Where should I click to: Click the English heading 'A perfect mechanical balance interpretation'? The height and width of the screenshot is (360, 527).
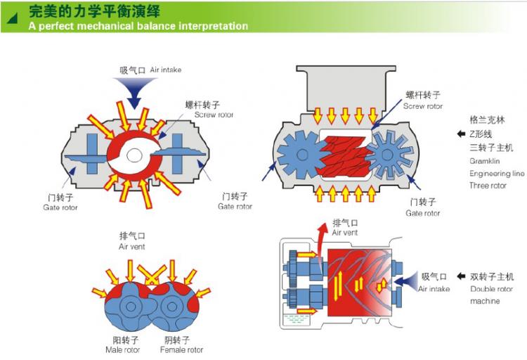[138, 26]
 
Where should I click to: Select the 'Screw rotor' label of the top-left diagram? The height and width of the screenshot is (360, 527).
[214, 115]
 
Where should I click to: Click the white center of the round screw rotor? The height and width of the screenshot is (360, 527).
[138, 153]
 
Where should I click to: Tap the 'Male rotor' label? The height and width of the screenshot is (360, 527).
[122, 349]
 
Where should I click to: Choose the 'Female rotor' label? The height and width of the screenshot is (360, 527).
[181, 349]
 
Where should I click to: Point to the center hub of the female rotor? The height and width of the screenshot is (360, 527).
[171, 308]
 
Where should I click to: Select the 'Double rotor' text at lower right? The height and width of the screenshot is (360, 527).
[493, 289]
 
